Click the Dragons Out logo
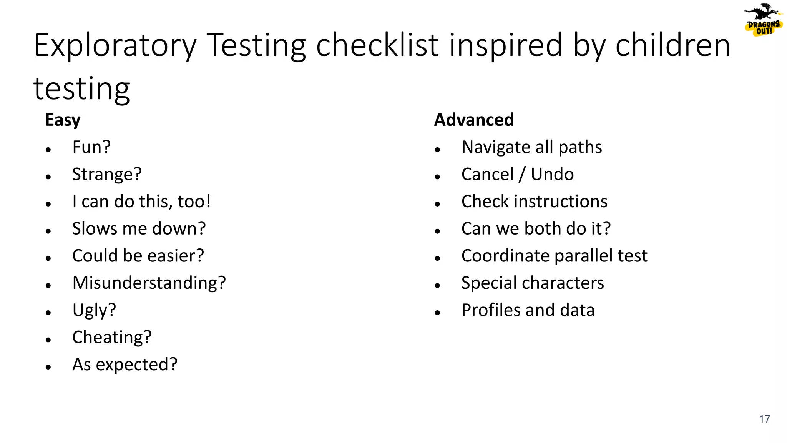763,20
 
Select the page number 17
764,419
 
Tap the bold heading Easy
63,120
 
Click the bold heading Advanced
474,120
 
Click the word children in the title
672,45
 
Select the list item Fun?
91,147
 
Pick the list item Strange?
107,174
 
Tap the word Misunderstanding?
149,283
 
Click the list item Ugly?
94,310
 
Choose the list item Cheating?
112,337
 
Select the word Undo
552,174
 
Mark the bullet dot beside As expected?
48,367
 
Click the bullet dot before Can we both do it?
437,231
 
